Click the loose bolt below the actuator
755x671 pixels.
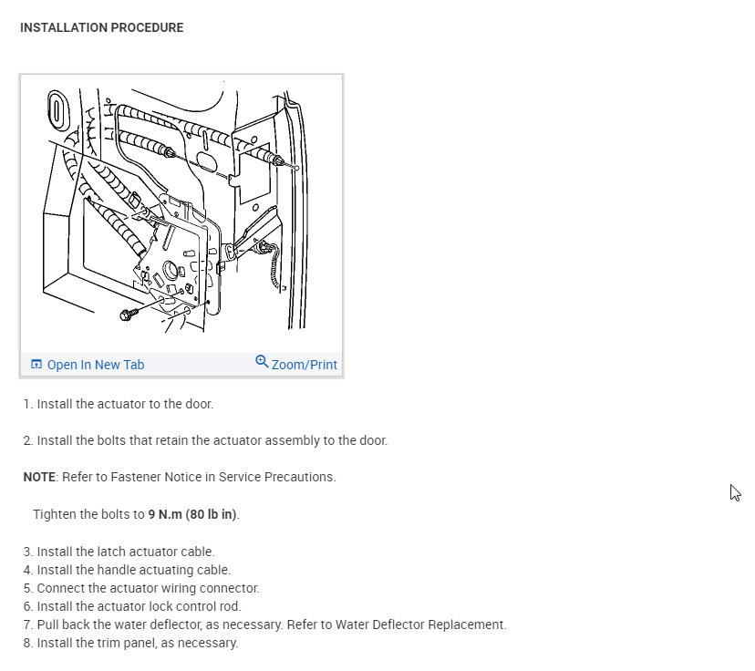pyautogui.click(x=127, y=314)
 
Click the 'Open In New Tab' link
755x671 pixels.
pyautogui.click(x=95, y=365)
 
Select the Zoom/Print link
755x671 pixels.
pyautogui.click(x=304, y=365)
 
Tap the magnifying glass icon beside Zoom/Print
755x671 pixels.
pyautogui.click(x=262, y=362)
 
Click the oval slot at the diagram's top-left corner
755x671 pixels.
pyautogui.click(x=55, y=109)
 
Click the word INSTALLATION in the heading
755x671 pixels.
pyautogui.click(x=62, y=28)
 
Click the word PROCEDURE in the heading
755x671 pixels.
pyautogui.click(x=147, y=28)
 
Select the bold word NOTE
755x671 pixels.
pyautogui.click(x=39, y=477)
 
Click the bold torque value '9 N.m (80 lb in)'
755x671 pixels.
pyautogui.click(x=192, y=514)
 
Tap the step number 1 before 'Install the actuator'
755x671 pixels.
pyautogui.click(x=27, y=404)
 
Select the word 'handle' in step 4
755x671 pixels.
pyautogui.click(x=106, y=570)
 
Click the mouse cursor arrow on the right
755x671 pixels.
pyautogui.click(x=734, y=491)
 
